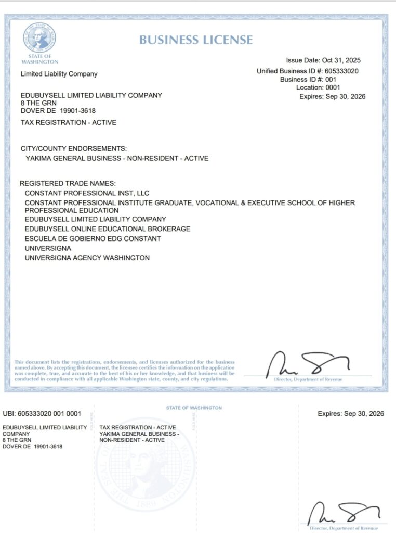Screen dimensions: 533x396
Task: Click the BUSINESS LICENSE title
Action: tap(196, 40)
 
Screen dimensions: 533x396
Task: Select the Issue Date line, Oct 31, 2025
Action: tap(323, 61)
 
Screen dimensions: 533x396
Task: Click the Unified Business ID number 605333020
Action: tap(340, 71)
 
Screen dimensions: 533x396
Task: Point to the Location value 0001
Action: tap(333, 88)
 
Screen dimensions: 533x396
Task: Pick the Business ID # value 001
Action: tap(331, 80)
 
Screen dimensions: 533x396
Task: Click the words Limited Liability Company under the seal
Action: tap(59, 74)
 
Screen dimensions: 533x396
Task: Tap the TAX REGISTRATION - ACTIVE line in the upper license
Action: tap(68, 123)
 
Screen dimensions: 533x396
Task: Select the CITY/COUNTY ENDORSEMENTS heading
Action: tap(73, 149)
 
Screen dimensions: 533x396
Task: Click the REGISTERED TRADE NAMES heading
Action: tap(68, 184)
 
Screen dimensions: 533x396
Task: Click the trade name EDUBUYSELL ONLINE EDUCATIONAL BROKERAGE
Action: tap(108, 229)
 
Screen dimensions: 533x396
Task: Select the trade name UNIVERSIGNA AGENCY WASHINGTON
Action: tap(87, 258)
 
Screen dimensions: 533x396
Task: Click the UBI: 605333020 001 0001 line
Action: tap(42, 414)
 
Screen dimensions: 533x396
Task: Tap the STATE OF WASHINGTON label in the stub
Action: tap(194, 408)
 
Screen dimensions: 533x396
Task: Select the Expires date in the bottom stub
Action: tap(351, 414)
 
